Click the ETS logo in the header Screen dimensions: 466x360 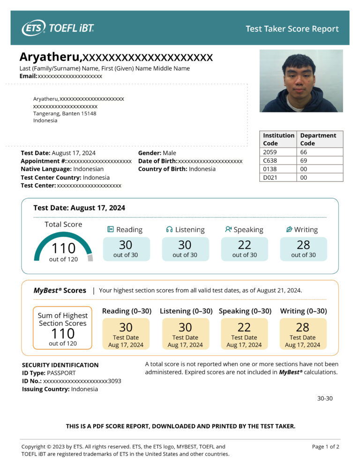pos(34,28)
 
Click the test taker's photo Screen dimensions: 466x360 pos(301,81)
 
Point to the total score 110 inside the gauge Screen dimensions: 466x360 pos(63,248)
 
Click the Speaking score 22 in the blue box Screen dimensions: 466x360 pos(244,245)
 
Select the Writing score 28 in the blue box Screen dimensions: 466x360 pos(303,245)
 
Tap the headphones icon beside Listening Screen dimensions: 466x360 pos(169,229)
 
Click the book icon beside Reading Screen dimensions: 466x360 pos(111,229)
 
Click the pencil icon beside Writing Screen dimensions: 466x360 pos(289,229)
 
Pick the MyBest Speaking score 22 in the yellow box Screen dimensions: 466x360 pos(244,327)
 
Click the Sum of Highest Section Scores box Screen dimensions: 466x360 pos(63,328)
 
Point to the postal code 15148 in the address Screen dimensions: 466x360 pos(88,113)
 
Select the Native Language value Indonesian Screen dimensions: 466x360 pos(89,169)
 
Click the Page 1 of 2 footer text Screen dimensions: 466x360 pos(325,447)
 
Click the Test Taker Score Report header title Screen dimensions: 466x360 pos(292,29)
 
